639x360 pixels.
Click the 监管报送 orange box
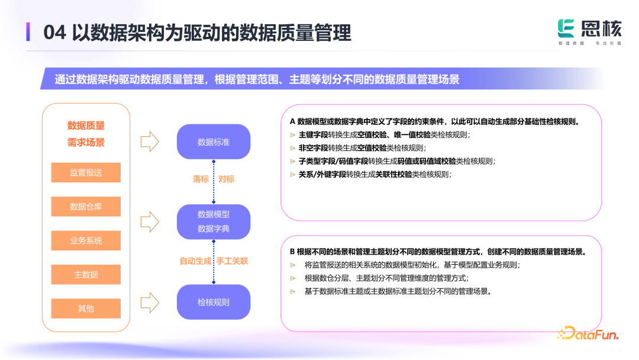coord(86,172)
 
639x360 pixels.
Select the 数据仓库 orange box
coord(86,207)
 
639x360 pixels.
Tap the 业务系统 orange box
coord(86,240)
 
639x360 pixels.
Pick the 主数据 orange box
coord(86,274)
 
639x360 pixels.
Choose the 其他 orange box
coord(86,308)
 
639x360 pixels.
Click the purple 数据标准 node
coord(214,142)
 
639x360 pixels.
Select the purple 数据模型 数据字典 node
coord(214,221)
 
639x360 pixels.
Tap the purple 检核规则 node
coord(214,302)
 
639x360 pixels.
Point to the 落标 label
coord(201,179)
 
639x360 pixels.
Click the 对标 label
coord(227,179)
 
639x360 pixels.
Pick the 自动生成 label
coord(195,261)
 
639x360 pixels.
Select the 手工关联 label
coord(232,261)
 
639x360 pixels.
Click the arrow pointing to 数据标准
coord(150,142)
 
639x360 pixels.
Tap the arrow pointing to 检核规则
coord(150,302)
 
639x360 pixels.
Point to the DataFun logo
coord(588,335)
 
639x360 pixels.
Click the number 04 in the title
coord(54,33)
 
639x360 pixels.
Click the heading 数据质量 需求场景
coord(86,134)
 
